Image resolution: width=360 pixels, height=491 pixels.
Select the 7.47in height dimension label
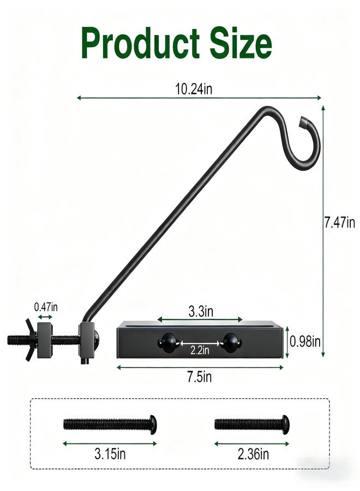click(339, 223)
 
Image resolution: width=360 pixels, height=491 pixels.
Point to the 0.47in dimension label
click(46, 307)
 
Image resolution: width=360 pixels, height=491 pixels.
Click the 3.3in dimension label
click(200, 312)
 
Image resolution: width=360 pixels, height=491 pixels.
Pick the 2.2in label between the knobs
click(200, 350)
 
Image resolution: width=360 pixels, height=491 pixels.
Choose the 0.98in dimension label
click(304, 342)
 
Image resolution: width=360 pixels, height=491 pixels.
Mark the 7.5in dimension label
click(200, 376)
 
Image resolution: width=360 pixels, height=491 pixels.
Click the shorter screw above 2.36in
click(251, 423)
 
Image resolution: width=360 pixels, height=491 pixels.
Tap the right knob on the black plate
click(231, 343)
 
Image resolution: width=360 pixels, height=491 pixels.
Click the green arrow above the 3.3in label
click(200, 320)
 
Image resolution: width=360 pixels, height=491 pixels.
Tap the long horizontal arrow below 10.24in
click(199, 98)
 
